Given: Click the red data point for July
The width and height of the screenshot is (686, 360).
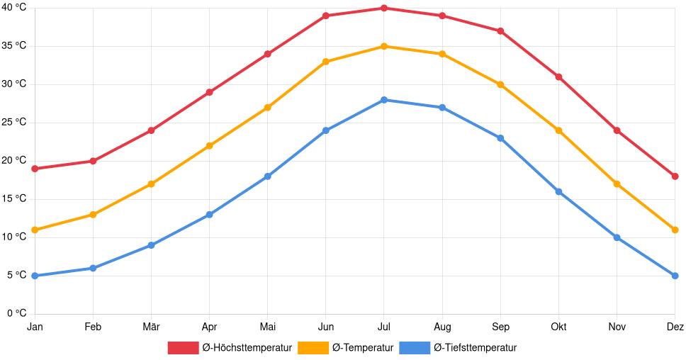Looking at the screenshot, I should [x=384, y=9].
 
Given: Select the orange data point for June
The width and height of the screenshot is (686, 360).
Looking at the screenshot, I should [x=326, y=62].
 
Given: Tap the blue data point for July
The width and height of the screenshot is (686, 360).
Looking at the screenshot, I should [x=384, y=100].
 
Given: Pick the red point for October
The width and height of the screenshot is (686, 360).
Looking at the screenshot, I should [x=558, y=77].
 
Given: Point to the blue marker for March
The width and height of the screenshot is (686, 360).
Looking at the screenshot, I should [x=151, y=245].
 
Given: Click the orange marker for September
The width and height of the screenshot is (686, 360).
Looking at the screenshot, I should [x=500, y=84].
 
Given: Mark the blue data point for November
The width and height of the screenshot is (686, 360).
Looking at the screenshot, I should [x=617, y=237].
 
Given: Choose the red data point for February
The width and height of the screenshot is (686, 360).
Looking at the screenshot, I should [x=93, y=161].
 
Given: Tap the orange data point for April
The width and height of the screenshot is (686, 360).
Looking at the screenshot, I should [x=209, y=146].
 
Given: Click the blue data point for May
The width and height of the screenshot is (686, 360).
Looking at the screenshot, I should [x=267, y=176].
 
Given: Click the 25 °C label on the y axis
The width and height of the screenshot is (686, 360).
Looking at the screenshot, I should [x=13, y=123].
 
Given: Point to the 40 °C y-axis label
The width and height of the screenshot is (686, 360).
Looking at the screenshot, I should [x=13, y=8].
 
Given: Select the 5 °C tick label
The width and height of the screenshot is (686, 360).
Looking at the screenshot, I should [x=16, y=276].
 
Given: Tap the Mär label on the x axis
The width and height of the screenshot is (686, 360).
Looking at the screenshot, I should [x=151, y=327].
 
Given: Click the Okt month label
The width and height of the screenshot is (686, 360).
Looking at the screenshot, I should [x=558, y=327].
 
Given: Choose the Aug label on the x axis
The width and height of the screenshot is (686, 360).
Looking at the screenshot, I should [x=442, y=327].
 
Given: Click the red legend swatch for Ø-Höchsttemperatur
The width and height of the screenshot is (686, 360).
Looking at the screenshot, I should [x=183, y=347].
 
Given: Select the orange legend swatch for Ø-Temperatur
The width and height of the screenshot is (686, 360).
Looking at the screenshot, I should [x=313, y=347].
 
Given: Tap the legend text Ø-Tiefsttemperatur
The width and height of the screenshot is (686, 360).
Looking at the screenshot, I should [x=475, y=347].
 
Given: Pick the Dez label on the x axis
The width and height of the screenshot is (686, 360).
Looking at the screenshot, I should [x=675, y=327].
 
